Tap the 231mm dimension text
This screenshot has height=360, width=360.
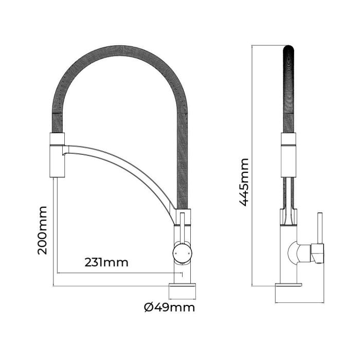pyautogui.click(x=106, y=262)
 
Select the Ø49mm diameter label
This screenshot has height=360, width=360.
pyautogui.click(x=169, y=308)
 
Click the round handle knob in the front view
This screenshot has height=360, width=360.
pyautogui.click(x=183, y=252)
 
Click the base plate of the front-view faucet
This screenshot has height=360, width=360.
pyautogui.click(x=183, y=291)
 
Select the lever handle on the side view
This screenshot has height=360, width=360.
pyautogui.click(x=319, y=231)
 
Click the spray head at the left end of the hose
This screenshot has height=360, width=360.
pyautogui.click(x=57, y=154)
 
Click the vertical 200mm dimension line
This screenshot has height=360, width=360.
pyautogui.click(x=54, y=231)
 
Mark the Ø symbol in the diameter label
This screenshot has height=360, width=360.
pyautogui.click(x=148, y=308)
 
